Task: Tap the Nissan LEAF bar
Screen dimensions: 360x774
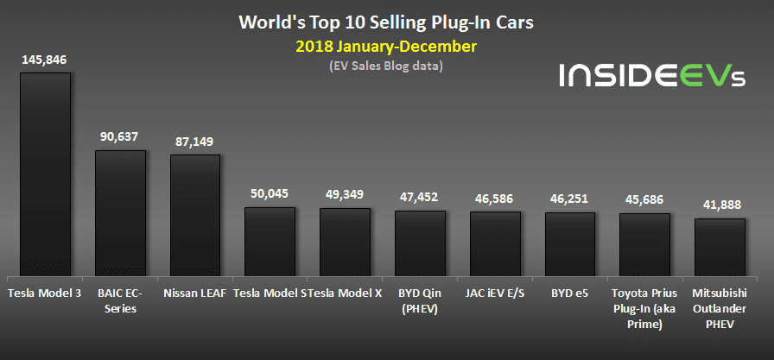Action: pyautogui.click(x=195, y=216)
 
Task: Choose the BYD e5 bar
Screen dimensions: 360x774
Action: pyautogui.click(x=569, y=244)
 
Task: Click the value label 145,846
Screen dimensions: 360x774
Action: pyautogui.click(x=45, y=60)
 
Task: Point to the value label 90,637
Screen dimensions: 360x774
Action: pyautogui.click(x=120, y=136)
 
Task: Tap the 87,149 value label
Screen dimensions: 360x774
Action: pyautogui.click(x=195, y=141)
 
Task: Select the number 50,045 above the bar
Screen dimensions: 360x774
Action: pyautogui.click(x=270, y=193)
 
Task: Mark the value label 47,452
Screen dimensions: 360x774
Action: pyautogui.click(x=420, y=196)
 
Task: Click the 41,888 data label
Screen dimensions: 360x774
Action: pyautogui.click(x=720, y=205)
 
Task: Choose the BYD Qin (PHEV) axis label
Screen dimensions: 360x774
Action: pyautogui.click(x=420, y=300)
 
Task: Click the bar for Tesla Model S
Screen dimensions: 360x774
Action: pyautogui.click(x=270, y=242)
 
